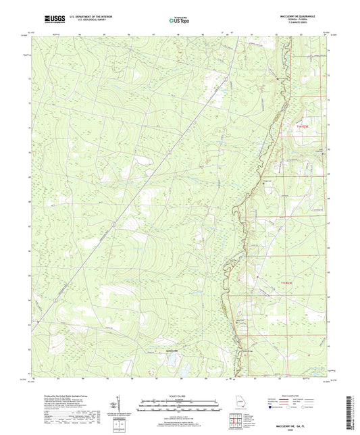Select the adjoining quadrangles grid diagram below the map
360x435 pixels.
235,424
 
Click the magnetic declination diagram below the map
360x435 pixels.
121,407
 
